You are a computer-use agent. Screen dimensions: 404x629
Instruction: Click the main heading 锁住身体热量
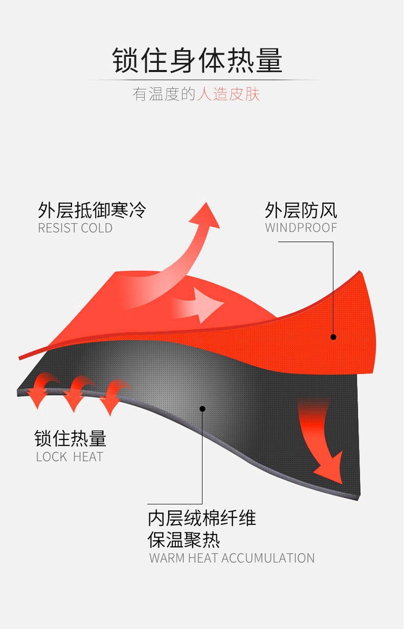[197, 60]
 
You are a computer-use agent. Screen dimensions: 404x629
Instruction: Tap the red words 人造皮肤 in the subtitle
[228, 94]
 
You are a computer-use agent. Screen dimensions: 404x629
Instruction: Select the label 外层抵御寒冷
[92, 210]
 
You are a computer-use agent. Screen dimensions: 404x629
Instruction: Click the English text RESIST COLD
[75, 228]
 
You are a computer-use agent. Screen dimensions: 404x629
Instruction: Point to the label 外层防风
[301, 210]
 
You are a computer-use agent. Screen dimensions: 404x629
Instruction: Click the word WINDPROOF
[301, 228]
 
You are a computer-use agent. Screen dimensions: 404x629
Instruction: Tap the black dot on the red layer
[333, 337]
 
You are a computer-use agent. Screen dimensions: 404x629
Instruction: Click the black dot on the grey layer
[203, 409]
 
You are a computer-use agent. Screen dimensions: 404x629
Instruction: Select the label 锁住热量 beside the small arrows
[71, 438]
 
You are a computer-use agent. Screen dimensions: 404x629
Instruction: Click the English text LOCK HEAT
[70, 457]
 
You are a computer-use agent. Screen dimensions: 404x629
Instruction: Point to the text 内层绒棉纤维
[202, 518]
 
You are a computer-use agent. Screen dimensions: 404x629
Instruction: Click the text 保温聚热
[184, 540]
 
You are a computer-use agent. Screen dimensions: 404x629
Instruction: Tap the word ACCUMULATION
[268, 558]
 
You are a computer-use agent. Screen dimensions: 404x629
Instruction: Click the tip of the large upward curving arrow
[207, 202]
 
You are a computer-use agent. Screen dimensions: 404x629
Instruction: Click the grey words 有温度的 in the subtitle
[164, 94]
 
